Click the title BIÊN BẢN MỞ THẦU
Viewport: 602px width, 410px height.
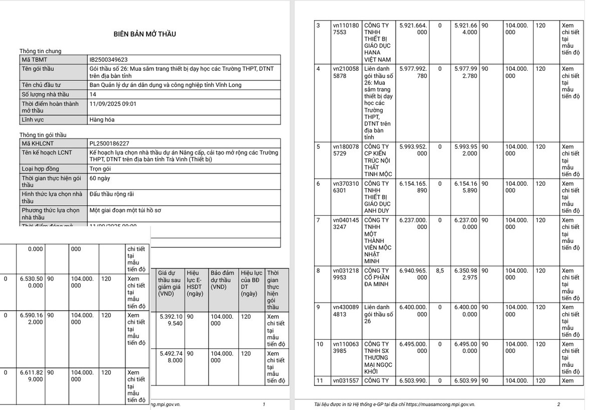tap(144, 34)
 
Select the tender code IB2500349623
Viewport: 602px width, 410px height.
tap(108, 59)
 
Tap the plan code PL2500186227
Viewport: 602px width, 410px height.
tap(109, 143)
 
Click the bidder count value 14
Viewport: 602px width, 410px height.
tap(93, 94)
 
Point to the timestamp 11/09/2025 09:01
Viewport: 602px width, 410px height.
tap(112, 104)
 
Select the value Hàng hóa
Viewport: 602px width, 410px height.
tap(102, 120)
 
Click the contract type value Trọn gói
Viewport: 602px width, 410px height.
tap(100, 169)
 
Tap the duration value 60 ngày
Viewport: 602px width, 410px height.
tap(100, 178)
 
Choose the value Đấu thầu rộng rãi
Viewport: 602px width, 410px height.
tap(111, 194)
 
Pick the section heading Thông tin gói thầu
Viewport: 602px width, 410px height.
tap(43, 135)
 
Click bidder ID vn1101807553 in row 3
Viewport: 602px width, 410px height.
tap(346, 29)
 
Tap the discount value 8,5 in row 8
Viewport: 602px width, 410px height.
tap(440, 271)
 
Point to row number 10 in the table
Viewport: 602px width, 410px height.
tap(320, 344)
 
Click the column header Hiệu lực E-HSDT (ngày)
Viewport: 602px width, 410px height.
tap(195, 283)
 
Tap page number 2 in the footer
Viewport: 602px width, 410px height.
tap(558, 404)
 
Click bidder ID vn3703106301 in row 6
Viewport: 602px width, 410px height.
tap(346, 187)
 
